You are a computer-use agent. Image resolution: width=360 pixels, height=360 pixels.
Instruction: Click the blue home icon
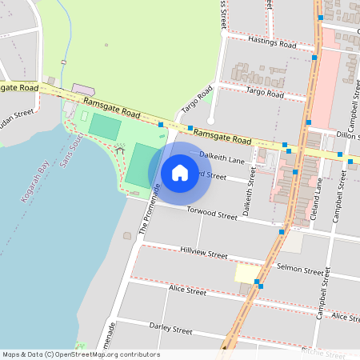[x=180, y=172]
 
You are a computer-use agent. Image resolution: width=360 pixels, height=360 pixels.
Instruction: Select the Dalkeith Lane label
[x=222, y=158]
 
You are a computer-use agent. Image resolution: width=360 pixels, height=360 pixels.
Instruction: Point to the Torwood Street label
[x=212, y=214]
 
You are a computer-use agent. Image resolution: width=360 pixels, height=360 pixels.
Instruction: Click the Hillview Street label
[x=204, y=252]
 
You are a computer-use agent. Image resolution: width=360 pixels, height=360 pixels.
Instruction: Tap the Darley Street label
[x=171, y=329]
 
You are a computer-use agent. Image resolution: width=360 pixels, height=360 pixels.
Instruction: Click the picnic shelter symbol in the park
[x=120, y=148]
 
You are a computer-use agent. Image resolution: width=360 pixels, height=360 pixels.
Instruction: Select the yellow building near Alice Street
[x=246, y=273]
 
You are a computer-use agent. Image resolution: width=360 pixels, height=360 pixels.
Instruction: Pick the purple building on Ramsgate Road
[x=82, y=88]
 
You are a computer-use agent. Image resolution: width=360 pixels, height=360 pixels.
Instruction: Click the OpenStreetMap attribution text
[x=80, y=354]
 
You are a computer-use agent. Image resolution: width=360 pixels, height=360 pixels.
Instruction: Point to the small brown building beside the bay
[x=127, y=236]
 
